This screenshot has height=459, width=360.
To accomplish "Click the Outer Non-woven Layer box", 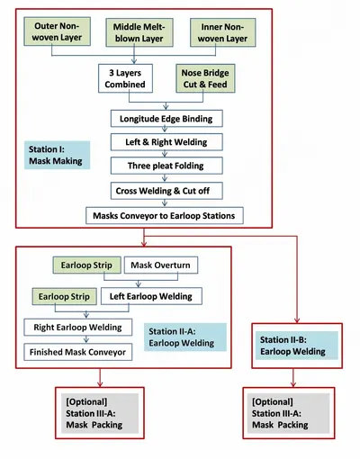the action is [x=58, y=31].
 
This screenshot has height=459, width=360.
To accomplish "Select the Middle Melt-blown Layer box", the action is [x=139, y=32].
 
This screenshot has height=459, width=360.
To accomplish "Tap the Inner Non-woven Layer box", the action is [x=223, y=32].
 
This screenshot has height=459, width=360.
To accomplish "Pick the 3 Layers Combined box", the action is [x=125, y=78].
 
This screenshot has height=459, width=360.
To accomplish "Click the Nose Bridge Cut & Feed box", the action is [x=205, y=78].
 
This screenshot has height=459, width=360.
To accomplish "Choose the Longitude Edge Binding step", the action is [x=166, y=119].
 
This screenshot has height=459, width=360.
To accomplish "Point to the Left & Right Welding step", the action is [x=166, y=142].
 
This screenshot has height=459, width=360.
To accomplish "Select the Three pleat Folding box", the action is [x=166, y=166].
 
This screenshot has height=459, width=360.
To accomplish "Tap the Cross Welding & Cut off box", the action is [x=166, y=191].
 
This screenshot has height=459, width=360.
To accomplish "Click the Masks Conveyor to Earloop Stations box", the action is [x=165, y=216].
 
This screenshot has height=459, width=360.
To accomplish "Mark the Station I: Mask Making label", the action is [x=57, y=155].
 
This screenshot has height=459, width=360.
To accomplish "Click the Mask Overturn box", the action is [x=161, y=265].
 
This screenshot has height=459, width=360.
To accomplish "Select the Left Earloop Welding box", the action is [x=151, y=296].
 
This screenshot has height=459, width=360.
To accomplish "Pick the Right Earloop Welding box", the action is [x=78, y=328].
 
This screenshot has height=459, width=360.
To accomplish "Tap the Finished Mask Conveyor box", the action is [x=78, y=352].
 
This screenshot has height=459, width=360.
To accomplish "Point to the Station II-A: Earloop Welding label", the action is [x=185, y=337].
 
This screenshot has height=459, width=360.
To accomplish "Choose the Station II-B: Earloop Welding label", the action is [x=297, y=346].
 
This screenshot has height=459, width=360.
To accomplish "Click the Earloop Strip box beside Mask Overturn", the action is [x=87, y=265].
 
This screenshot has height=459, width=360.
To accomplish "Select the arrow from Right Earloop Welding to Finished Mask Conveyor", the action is [x=86, y=339].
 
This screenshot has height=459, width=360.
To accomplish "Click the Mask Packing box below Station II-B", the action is [x=289, y=413].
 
